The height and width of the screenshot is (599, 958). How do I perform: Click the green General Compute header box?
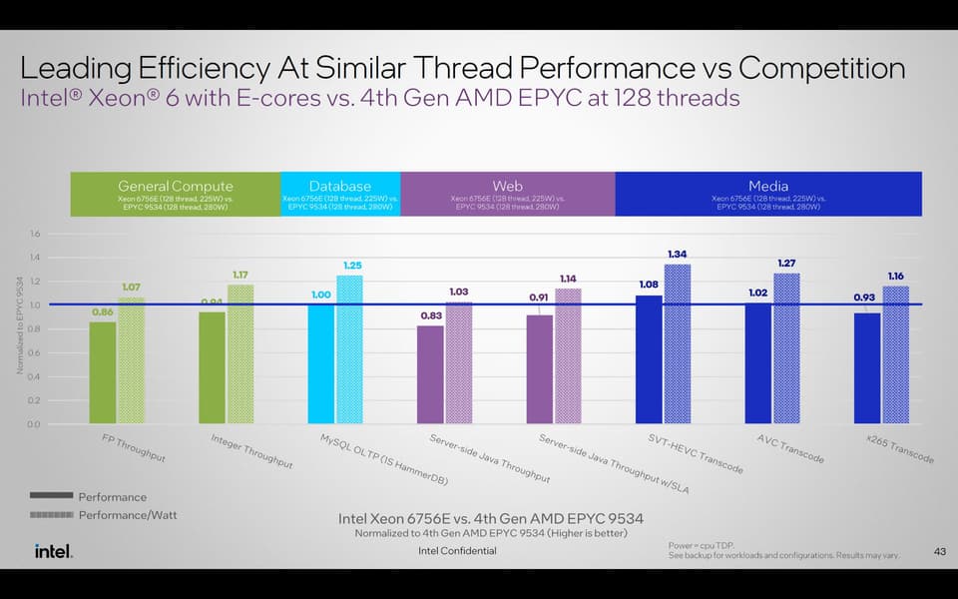[x=175, y=193]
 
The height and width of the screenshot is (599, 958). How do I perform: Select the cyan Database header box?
[x=340, y=193]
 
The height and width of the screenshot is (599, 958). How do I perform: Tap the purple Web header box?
[x=507, y=193]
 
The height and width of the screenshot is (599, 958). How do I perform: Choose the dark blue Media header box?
[x=767, y=193]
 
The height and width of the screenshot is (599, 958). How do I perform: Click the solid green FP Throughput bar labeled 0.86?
[x=103, y=371]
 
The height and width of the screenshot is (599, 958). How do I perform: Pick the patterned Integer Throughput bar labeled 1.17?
[x=240, y=353]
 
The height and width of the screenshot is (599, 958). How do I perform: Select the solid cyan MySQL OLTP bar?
[x=321, y=363]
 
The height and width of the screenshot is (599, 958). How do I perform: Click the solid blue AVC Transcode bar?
[x=758, y=363]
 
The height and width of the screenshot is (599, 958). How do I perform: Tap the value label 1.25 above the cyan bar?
[x=352, y=265]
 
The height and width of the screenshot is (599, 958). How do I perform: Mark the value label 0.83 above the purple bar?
[x=430, y=314]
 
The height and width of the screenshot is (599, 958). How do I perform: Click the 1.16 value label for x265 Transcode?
[x=896, y=275]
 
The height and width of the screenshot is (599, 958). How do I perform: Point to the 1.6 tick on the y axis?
[x=35, y=234]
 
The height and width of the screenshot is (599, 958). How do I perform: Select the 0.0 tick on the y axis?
[x=35, y=424]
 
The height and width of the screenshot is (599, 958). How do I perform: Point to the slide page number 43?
[x=938, y=550]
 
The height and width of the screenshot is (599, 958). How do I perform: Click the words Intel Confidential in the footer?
[x=456, y=551]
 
